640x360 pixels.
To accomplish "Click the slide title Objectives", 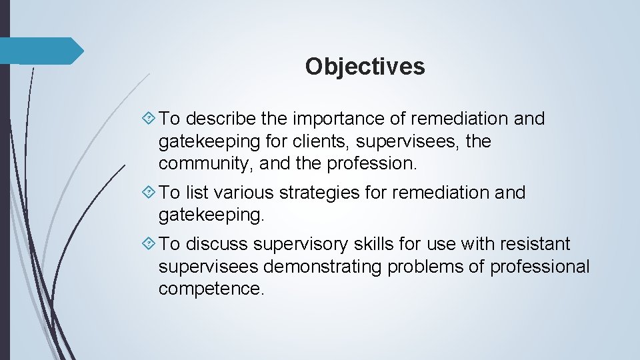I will (x=365, y=67).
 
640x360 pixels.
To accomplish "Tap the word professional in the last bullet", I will (x=540, y=267).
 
